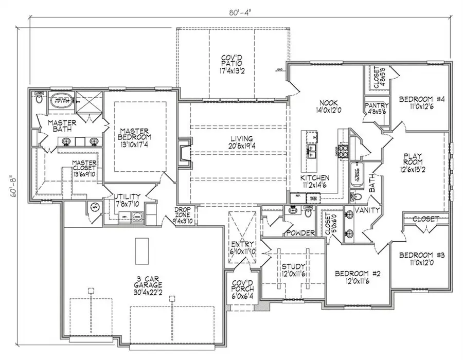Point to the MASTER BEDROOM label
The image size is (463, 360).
point(135,137)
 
